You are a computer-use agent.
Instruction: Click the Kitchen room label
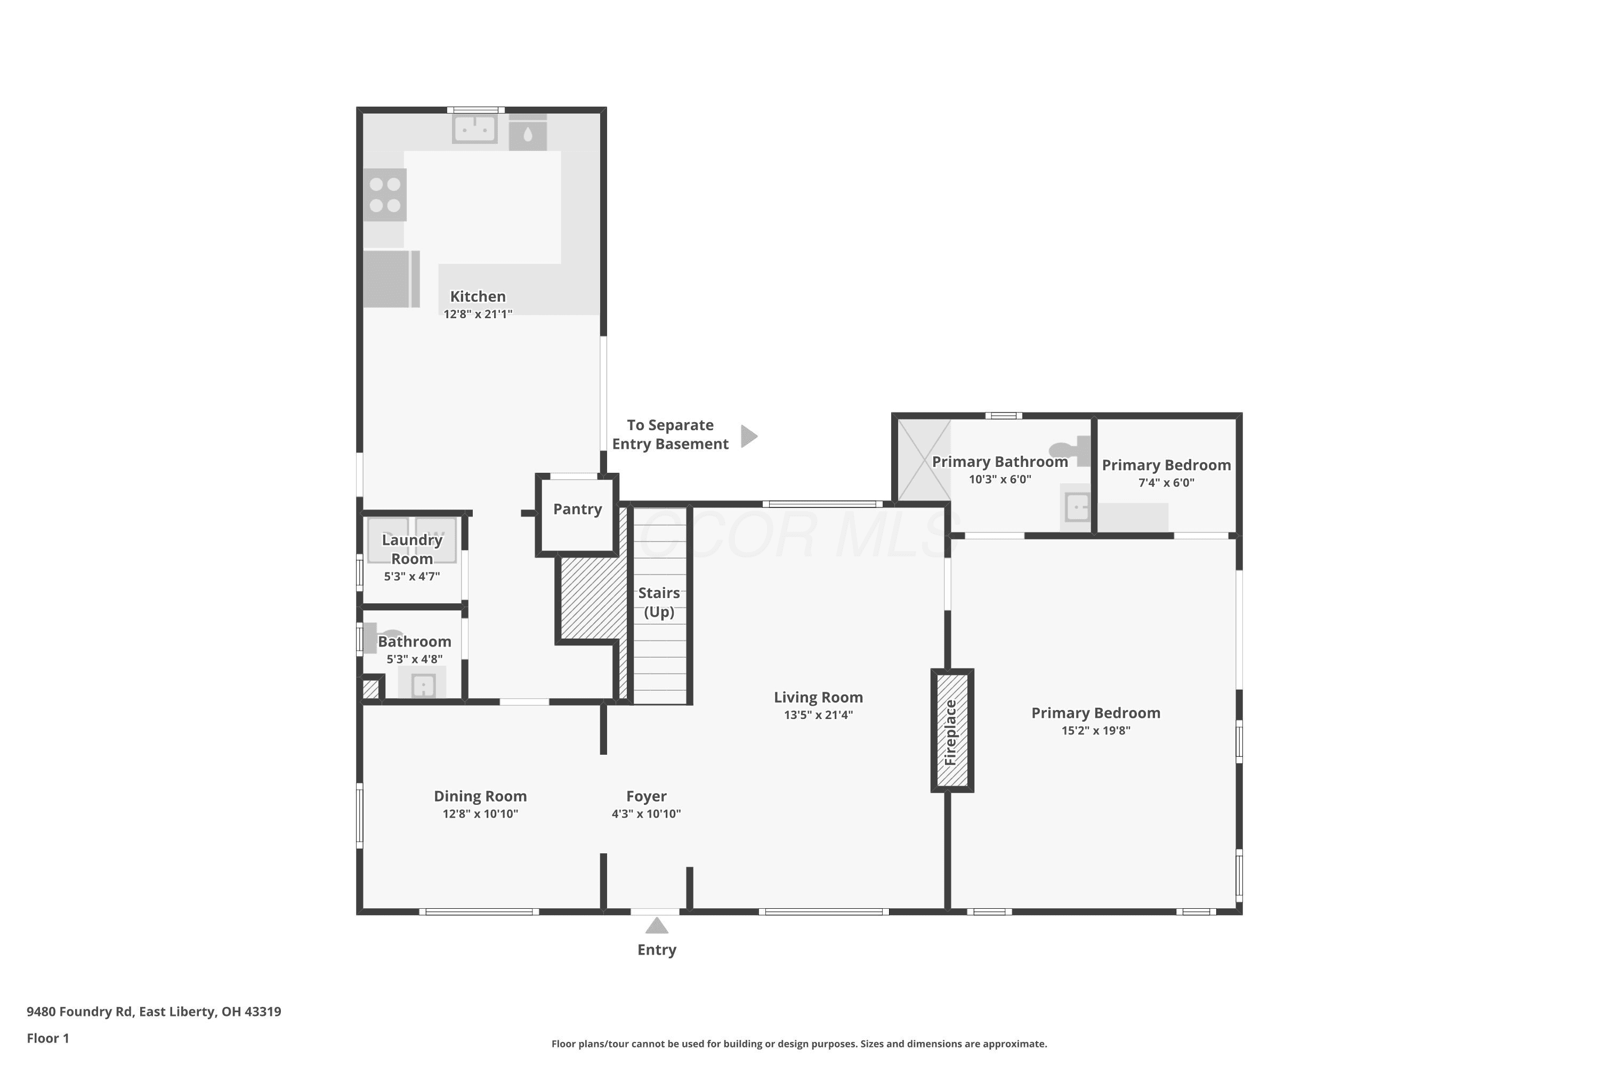click(478, 296)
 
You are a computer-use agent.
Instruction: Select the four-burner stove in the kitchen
click(385, 195)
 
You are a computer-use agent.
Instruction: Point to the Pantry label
click(577, 509)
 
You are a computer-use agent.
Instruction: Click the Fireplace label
click(951, 732)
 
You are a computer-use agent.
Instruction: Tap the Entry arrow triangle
click(656, 925)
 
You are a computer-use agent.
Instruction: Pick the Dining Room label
click(480, 796)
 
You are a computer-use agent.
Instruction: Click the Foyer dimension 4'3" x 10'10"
click(646, 814)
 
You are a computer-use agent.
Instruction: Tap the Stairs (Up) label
click(659, 602)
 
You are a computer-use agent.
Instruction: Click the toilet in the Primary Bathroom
click(1071, 450)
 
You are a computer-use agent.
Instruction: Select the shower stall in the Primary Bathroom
click(924, 461)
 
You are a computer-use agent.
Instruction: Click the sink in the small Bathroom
click(423, 684)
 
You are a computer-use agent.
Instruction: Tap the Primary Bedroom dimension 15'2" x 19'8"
click(1096, 731)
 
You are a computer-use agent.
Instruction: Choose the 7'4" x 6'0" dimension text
click(1166, 483)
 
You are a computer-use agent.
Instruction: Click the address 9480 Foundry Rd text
click(79, 1011)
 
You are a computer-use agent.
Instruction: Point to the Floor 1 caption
click(47, 1038)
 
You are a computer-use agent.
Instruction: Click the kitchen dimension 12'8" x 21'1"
click(478, 314)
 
